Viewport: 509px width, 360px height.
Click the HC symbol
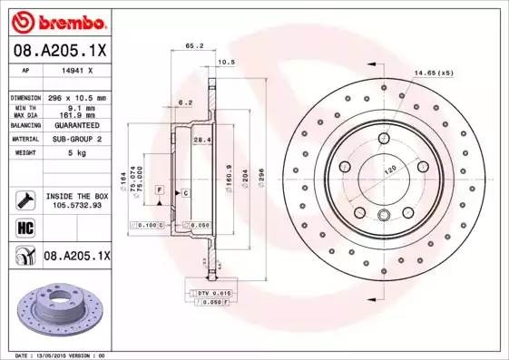tap(24, 228)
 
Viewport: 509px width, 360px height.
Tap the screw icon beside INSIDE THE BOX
tap(24, 200)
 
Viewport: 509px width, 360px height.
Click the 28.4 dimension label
tap(202, 140)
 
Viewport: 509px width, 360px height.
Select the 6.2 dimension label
tap(184, 102)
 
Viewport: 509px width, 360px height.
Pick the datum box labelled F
tap(159, 188)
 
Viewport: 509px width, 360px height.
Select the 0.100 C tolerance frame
tap(151, 223)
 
